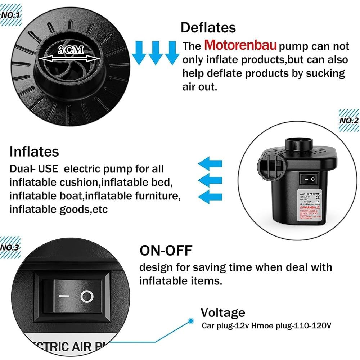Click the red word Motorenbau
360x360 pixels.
click(x=240, y=46)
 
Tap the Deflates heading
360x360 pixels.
click(x=208, y=27)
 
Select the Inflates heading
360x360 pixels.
click(x=34, y=151)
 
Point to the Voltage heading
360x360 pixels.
click(x=223, y=312)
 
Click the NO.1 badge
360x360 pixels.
click(x=11, y=15)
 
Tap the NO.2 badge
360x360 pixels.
click(x=349, y=120)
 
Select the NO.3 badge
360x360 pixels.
click(x=10, y=248)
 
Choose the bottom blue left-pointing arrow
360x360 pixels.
click(x=210, y=197)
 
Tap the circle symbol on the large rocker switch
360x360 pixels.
click(x=87, y=296)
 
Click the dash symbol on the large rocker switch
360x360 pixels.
click(x=64, y=297)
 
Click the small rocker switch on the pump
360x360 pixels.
click(x=309, y=179)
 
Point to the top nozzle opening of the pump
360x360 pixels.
click(x=300, y=144)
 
